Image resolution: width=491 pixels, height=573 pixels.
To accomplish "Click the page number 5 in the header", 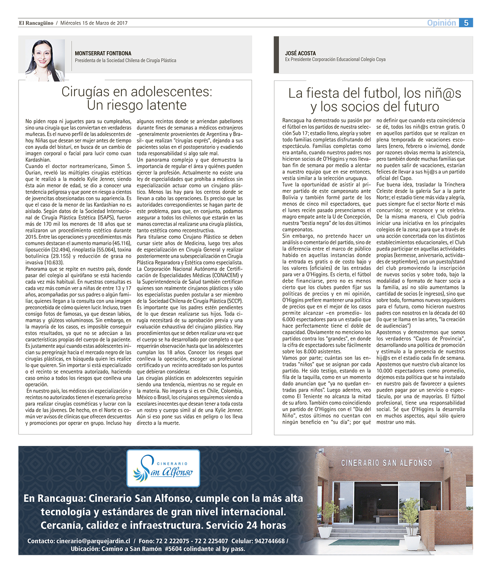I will (x=466, y=23).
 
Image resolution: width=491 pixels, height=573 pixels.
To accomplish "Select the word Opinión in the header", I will (x=441, y=23).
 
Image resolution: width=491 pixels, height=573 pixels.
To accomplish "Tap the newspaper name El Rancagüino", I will (x=36, y=23).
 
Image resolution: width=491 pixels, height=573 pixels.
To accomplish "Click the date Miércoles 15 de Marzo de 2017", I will (x=94, y=23).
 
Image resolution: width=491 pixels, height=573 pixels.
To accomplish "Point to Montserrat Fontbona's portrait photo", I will (x=44, y=60).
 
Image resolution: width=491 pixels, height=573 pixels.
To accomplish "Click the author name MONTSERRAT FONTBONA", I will (x=103, y=53).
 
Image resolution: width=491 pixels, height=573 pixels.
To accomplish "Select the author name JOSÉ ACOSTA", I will (x=300, y=53).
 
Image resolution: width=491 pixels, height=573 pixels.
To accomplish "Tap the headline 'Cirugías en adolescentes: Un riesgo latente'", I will (x=136, y=98).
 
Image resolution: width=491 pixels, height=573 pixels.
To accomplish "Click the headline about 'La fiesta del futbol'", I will (x=375, y=100).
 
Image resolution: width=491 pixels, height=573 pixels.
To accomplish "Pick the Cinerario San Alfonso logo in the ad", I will (x=163, y=468).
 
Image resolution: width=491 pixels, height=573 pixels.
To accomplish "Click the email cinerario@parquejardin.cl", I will (x=93, y=541).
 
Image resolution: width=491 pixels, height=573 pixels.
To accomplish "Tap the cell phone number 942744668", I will (x=270, y=541).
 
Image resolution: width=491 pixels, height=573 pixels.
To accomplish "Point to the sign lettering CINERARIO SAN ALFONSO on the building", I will (x=387, y=463).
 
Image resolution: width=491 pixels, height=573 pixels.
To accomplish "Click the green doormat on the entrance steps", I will (x=364, y=542).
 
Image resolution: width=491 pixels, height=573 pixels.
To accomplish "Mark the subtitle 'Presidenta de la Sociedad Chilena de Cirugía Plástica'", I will (x=125, y=60).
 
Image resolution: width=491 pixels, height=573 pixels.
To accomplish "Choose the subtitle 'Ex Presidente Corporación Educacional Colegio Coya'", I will (x=335, y=59).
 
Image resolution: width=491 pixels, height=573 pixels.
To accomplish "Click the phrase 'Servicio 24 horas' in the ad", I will (x=246, y=525).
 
